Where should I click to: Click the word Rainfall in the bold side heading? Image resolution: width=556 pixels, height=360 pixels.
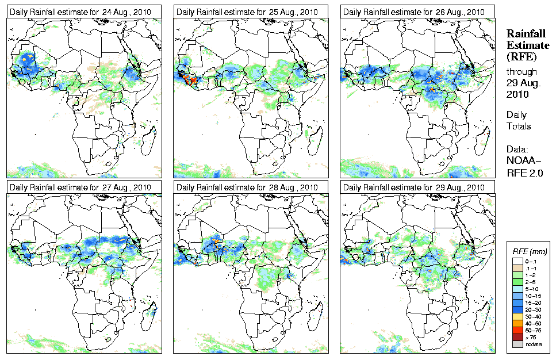525,34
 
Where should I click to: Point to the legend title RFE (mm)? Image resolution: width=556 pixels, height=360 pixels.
530,251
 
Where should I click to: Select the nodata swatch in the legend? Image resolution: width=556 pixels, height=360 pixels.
518,343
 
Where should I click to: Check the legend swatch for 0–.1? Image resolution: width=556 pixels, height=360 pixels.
518,261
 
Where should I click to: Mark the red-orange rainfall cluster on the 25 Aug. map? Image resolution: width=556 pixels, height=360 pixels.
191,80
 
